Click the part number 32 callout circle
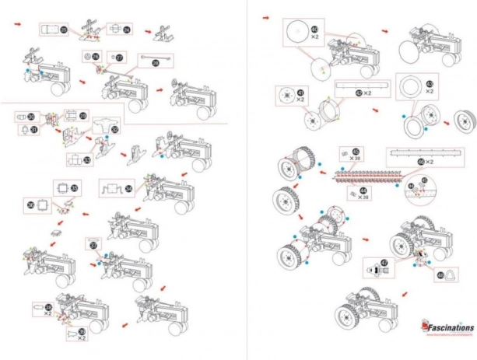[115, 129]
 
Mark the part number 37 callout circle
[94, 246]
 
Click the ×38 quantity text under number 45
[355, 158]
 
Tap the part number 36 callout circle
[32, 205]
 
